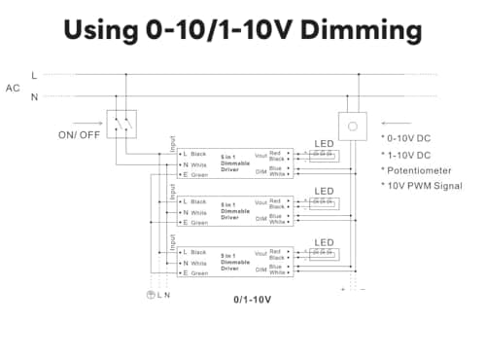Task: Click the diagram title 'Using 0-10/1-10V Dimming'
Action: point(243,30)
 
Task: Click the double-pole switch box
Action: point(122,124)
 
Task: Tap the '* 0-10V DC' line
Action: point(409,138)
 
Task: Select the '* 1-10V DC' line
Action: point(409,154)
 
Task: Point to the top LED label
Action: point(324,144)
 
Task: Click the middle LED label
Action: point(324,191)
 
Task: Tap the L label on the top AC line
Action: point(35,75)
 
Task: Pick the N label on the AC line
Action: point(35,96)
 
